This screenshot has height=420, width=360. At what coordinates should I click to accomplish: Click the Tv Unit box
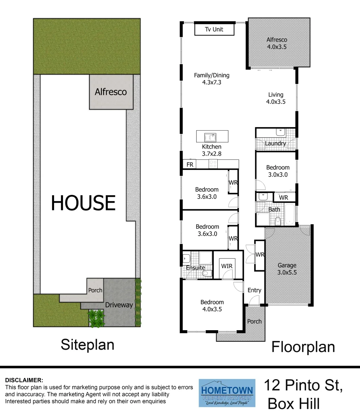click(214, 29)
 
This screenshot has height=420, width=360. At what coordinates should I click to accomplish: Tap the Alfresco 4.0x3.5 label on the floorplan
click(277, 43)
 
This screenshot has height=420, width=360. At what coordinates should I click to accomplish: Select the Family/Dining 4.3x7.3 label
click(212, 79)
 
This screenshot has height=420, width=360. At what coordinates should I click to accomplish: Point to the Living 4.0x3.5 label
click(276, 98)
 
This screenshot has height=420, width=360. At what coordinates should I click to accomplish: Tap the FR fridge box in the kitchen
click(190, 164)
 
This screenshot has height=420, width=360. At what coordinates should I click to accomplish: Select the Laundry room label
click(275, 143)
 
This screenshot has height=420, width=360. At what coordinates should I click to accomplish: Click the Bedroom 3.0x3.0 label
click(278, 171)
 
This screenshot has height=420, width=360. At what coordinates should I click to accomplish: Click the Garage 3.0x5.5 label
click(287, 269)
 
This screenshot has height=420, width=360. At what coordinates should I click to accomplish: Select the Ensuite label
click(196, 268)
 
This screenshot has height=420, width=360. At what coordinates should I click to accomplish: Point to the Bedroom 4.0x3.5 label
click(212, 306)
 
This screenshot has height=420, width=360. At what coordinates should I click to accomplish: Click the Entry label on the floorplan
click(254, 290)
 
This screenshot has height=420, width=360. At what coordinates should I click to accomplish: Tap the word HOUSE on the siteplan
click(83, 203)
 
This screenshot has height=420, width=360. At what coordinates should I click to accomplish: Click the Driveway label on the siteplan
click(119, 305)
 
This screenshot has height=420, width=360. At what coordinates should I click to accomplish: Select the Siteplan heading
click(87, 344)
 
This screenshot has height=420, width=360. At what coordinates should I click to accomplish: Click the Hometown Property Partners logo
click(227, 393)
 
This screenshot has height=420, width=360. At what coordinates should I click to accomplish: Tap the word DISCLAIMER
click(24, 380)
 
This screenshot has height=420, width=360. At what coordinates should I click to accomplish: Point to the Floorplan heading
click(303, 346)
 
